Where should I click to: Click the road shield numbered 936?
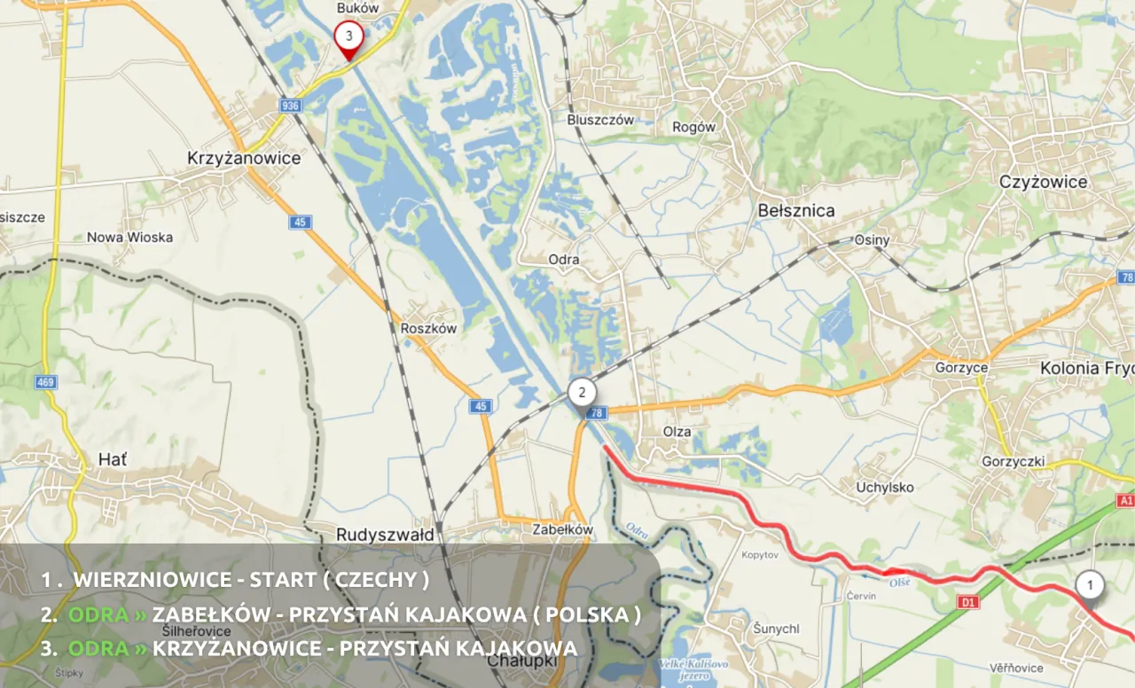point(290,106)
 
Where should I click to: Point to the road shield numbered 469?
point(46,383)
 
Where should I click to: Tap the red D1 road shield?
point(969,603)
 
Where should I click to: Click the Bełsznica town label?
point(796,211)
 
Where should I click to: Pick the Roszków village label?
point(429,328)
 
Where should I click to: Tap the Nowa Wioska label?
point(129,238)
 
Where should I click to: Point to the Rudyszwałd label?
point(386,536)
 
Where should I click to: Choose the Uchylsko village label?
point(885,487)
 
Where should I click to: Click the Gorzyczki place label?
point(1014,461)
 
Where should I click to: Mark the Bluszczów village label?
point(601,120)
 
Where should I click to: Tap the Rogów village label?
point(694,127)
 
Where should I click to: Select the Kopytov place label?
point(759,554)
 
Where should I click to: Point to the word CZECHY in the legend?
point(377,580)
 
